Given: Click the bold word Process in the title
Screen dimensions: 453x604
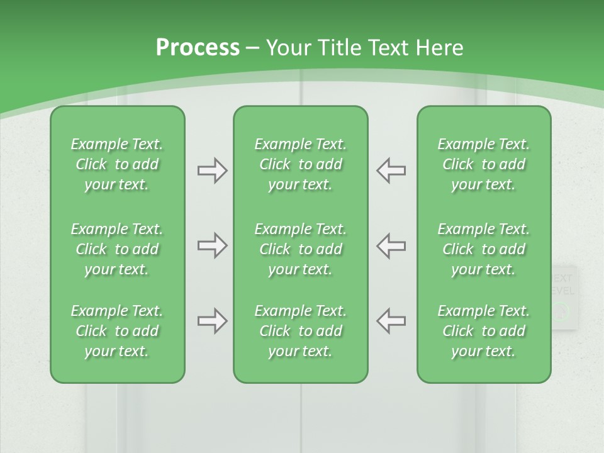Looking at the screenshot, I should [x=198, y=48].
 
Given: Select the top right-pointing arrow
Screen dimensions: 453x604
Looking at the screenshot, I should [x=212, y=171].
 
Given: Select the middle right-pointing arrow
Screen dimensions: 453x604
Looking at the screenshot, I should [x=212, y=245].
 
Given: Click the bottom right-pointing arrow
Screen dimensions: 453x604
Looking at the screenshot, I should [x=212, y=321].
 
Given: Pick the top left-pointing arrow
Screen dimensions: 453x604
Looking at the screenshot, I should [x=391, y=171].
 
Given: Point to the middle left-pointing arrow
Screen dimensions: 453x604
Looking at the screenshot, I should [x=391, y=245].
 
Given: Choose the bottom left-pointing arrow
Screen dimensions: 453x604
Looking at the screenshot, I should [x=391, y=321].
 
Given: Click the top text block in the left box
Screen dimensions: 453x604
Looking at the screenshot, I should [x=117, y=164].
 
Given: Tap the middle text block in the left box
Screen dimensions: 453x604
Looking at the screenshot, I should [x=117, y=249].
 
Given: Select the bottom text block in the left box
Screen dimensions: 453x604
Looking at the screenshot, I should [x=117, y=331].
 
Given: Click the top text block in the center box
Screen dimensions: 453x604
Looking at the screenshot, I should [x=301, y=164].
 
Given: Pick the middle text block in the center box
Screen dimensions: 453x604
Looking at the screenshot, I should [x=301, y=249].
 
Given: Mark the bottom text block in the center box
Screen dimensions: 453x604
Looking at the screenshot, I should [x=301, y=331].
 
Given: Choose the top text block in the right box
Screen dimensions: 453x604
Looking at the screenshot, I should [x=484, y=164].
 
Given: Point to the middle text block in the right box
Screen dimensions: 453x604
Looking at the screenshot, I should [x=484, y=249].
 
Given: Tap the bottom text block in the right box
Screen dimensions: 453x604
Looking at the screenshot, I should [x=484, y=331].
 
